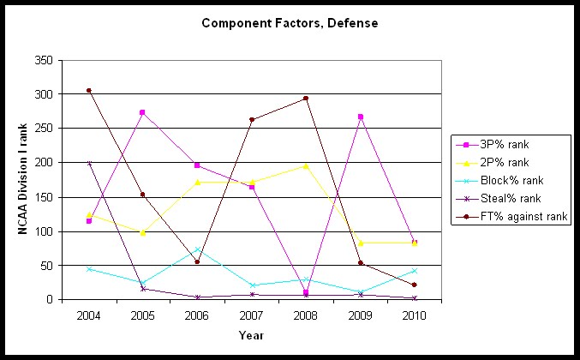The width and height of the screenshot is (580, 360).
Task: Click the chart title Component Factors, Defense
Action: [290, 22]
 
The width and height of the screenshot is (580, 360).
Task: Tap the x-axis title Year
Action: [252, 336]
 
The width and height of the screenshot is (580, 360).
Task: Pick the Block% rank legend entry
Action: [512, 180]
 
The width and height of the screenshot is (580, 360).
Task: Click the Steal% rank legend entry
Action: [511, 199]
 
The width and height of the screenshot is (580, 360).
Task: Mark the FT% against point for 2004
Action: [89, 90]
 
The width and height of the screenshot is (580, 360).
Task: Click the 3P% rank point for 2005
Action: [143, 112]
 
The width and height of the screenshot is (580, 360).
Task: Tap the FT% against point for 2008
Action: [306, 98]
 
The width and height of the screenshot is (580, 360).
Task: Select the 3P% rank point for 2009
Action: [361, 117]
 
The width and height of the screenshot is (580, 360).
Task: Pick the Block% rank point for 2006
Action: [197, 249]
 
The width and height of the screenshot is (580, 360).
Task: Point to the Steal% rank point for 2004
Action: [89, 163]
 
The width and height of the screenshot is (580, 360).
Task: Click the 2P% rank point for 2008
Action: [306, 165]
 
